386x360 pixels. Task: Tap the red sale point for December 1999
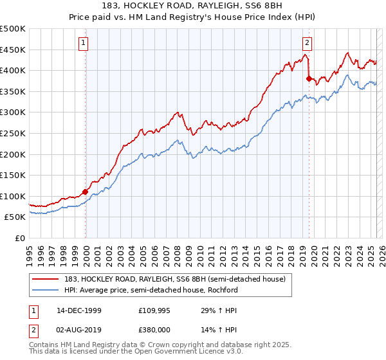pos(85,192)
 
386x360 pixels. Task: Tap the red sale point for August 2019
pos(309,79)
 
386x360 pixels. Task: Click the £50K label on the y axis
pos(15,217)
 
